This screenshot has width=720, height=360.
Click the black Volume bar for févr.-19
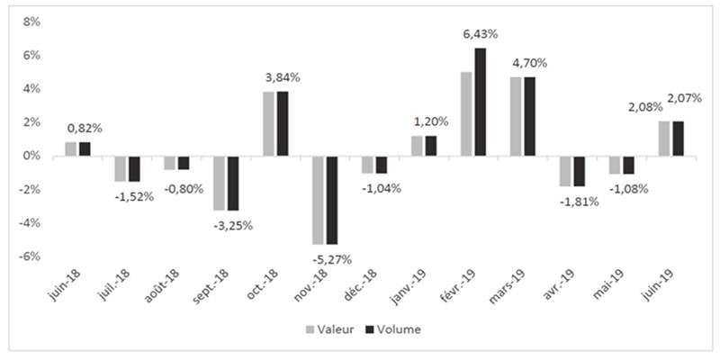pos(480,102)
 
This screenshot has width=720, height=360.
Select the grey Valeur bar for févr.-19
pos(466,114)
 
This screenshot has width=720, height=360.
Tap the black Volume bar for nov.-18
pos(332,200)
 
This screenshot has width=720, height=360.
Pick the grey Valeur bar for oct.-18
pos(268,124)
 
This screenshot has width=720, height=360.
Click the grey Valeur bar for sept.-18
pos(219,184)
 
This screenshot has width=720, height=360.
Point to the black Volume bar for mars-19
pos(529,117)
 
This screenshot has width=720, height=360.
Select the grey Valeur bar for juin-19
pos(663,139)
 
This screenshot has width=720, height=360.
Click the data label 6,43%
pos(481,34)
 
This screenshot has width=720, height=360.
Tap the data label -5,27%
pos(333,259)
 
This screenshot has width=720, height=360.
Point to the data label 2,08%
pos(645,107)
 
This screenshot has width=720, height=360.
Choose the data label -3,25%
pos(234,226)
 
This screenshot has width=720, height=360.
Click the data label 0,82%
pos(85,129)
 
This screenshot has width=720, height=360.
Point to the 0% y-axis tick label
pos(31,156)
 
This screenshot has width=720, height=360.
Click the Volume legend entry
pos(393,329)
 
